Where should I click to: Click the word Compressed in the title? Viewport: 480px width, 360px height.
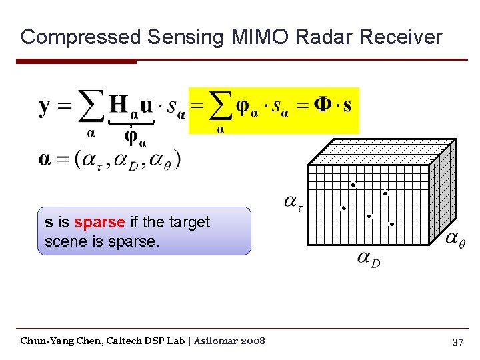[80, 37]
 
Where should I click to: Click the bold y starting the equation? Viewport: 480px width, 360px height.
[45, 107]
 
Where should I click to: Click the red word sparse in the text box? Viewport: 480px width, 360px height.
[99, 222]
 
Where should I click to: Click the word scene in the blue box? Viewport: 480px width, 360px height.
[65, 241]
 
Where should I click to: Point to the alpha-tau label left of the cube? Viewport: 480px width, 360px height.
[293, 201]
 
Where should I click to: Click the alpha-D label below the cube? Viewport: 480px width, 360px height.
[368, 258]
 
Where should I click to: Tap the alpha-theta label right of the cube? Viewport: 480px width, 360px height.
[455, 239]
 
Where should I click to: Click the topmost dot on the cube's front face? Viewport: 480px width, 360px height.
[353, 185]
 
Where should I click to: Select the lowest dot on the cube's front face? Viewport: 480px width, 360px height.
[392, 224]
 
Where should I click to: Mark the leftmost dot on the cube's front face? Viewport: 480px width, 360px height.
[344, 208]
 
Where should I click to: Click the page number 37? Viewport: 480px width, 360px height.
[457, 342]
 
